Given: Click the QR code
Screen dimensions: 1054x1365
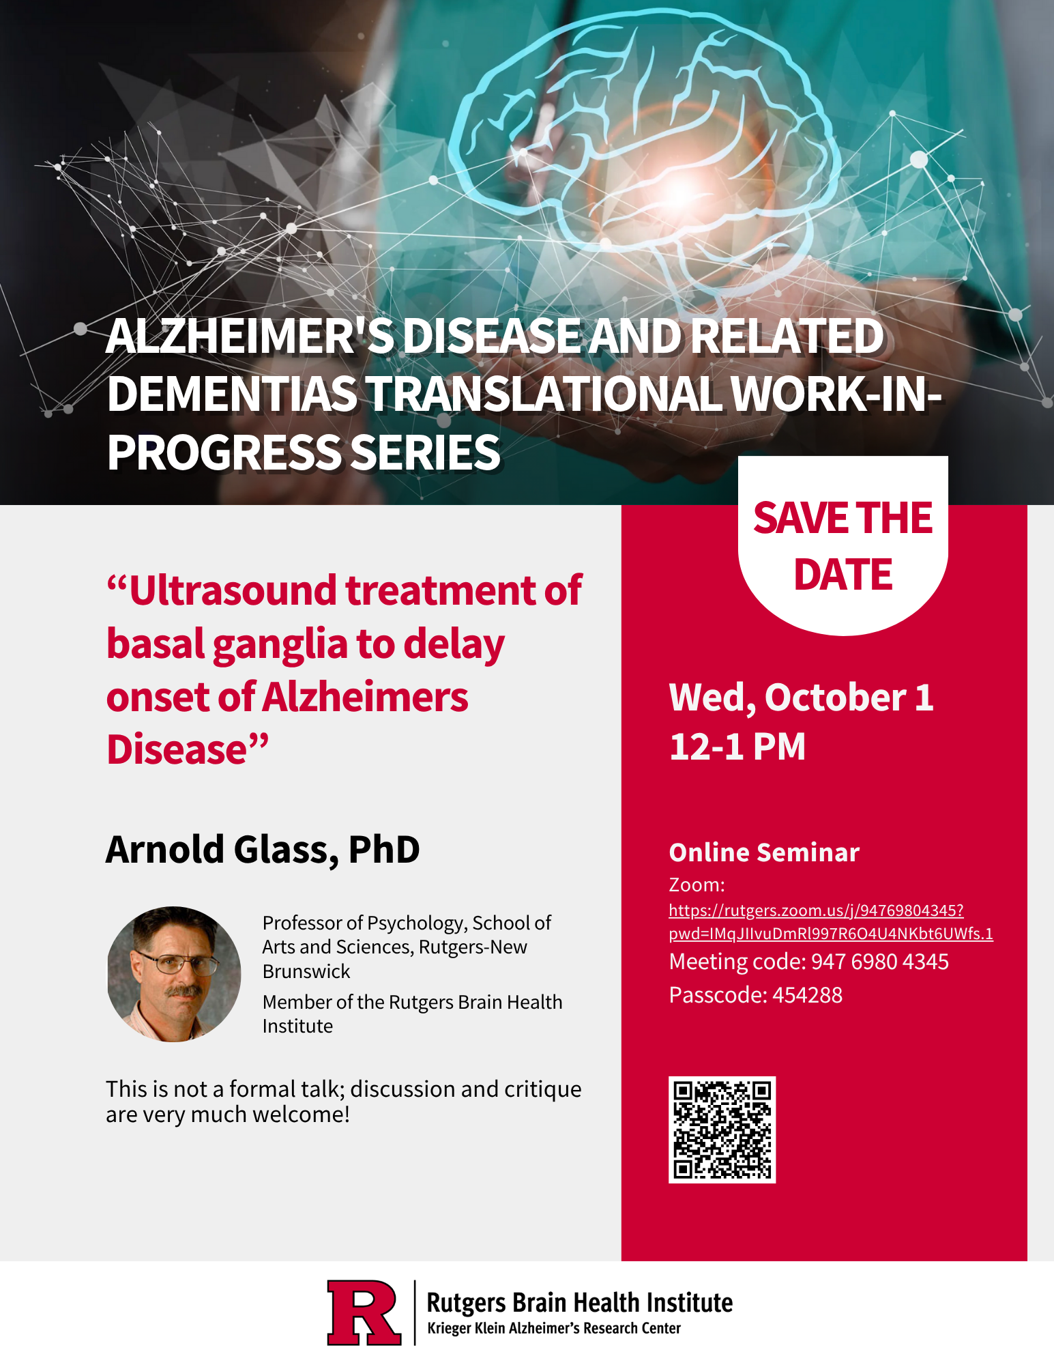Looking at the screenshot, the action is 722,1130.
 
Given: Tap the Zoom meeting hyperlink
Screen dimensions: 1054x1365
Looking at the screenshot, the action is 830,921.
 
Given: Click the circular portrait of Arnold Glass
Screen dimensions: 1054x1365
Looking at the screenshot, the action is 174,974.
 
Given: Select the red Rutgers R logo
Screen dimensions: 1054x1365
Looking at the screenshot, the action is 364,1312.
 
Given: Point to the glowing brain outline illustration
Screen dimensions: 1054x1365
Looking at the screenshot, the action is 641,150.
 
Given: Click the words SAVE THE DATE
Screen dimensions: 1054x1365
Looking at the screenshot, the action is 843,545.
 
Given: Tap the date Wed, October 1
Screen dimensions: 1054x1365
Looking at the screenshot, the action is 802,698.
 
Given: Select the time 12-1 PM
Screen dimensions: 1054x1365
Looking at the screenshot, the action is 737,746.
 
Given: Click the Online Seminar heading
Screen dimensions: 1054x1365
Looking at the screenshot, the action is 764,852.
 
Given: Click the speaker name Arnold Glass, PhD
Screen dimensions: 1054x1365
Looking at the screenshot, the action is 263,850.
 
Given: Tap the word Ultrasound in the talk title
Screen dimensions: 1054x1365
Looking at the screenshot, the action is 233,590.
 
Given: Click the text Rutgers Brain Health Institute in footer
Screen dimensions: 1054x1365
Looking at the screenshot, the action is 580,1303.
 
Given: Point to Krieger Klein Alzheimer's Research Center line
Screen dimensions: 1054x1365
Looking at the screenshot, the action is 554,1328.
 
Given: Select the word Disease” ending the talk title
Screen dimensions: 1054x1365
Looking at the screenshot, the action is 188,749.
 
